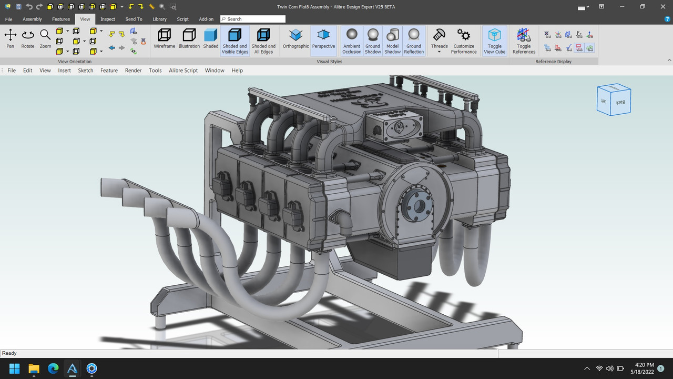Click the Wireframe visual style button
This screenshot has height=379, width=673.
coord(164,39)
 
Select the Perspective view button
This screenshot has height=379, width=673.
coord(323,39)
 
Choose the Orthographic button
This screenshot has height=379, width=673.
coord(295,39)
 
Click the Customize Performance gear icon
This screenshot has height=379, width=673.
coord(463,39)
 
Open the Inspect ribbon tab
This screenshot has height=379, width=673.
coord(108,19)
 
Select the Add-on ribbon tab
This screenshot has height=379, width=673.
coord(206,19)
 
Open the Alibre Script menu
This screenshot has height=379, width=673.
coord(183,71)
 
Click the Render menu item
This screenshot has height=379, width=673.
coord(133,71)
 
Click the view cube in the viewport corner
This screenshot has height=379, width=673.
coord(614,99)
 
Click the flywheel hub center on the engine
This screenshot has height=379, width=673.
coord(419,204)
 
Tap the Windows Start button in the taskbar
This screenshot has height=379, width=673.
coord(14,368)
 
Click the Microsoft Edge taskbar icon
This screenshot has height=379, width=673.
coord(53,368)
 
